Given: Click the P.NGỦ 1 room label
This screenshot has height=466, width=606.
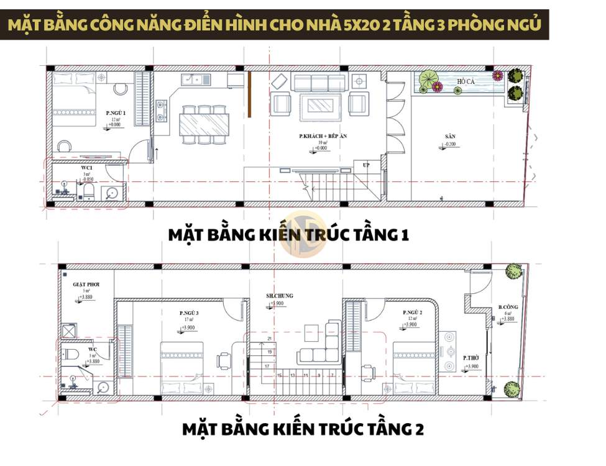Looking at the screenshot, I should (115, 112).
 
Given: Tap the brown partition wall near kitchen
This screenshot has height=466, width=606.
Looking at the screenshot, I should (249, 94).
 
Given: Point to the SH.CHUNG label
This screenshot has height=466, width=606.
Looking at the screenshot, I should (279, 296).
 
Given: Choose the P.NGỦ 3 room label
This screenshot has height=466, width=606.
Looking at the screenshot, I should (189, 313).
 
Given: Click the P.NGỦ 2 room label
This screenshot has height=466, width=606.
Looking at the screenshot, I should (412, 312).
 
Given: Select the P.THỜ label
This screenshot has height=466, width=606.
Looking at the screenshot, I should (470, 359).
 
